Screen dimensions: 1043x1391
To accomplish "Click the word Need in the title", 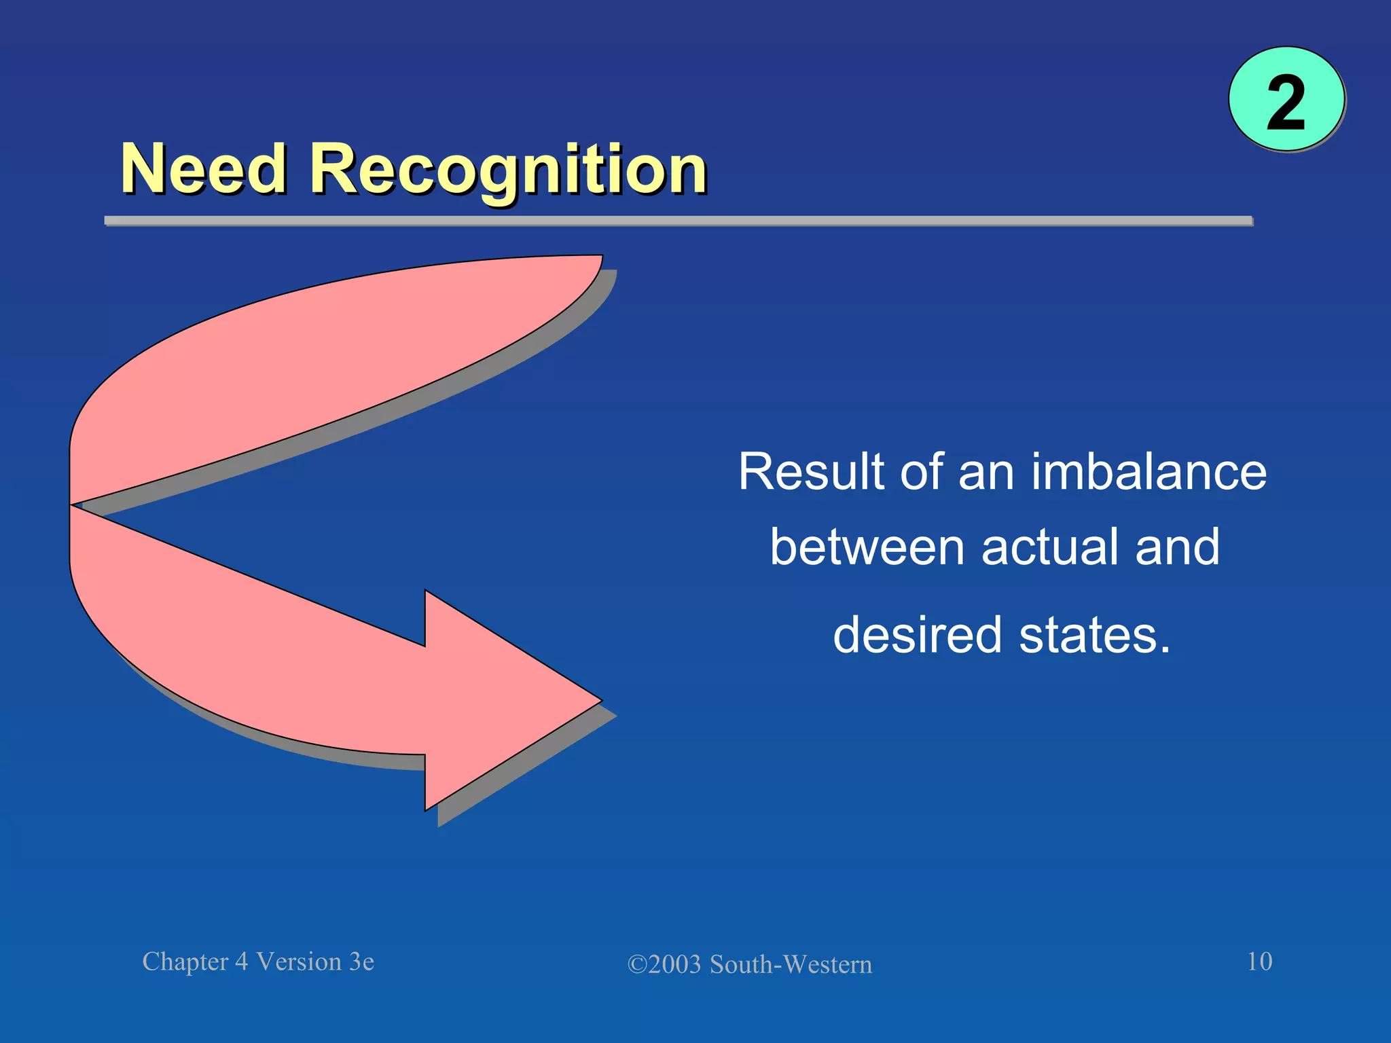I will point(203,169).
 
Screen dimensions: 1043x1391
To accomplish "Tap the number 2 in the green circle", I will point(1286,103).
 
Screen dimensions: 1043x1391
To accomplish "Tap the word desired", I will point(918,635).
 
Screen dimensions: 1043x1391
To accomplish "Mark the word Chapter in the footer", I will point(185,962).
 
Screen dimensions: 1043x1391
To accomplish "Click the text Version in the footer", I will point(299,962).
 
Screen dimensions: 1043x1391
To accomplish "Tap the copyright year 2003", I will point(674,965).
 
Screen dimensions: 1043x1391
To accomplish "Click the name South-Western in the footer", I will point(791,965).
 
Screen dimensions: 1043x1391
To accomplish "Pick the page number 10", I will point(1259,962).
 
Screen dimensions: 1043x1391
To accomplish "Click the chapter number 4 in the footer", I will point(241,962).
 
